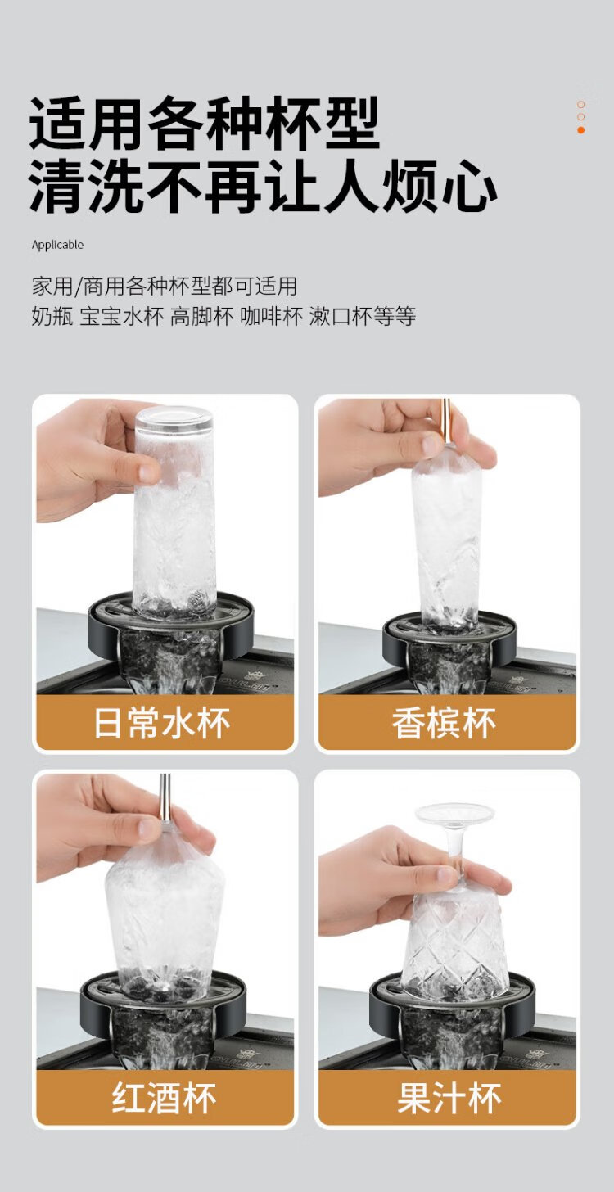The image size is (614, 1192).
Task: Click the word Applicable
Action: (57, 245)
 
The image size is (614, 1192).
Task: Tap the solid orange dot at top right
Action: (580, 130)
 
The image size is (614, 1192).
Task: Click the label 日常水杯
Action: (162, 723)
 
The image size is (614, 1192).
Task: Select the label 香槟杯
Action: (444, 723)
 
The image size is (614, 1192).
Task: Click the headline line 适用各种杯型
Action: (205, 124)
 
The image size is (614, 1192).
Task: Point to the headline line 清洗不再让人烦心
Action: (263, 187)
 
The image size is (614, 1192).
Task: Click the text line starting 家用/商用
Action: (165, 287)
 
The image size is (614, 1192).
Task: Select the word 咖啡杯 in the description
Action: (271, 317)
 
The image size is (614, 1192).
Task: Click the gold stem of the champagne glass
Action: (445, 422)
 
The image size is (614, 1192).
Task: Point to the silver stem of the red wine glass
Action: (165, 797)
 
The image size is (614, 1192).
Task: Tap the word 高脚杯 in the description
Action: (201, 317)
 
